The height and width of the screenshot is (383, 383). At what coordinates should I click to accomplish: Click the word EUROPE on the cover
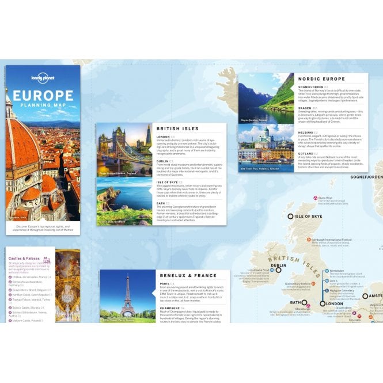(43, 96)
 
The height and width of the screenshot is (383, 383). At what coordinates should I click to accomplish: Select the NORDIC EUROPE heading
(321, 79)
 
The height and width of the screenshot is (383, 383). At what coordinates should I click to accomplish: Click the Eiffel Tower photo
(127, 296)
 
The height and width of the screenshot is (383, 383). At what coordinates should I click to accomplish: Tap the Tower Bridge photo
(125, 149)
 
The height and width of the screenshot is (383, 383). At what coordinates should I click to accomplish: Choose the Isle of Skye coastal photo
(125, 200)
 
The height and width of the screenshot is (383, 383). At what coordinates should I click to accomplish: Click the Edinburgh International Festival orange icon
(308, 238)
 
